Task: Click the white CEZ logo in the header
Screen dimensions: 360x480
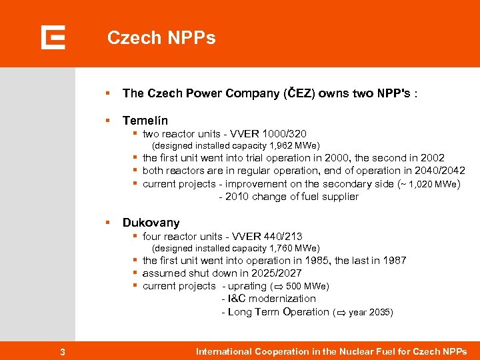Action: [53, 37]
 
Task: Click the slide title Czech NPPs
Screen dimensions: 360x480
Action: [161, 38]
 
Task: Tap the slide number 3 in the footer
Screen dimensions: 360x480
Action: [62, 352]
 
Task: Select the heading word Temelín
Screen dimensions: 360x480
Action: [145, 121]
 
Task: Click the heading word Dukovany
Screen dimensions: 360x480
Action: [151, 223]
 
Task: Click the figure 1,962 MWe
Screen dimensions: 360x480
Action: [293, 145]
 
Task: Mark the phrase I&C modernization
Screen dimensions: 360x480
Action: [272, 299]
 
